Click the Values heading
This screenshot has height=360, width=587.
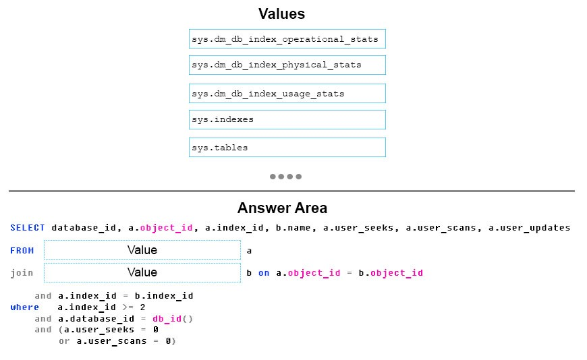(281, 14)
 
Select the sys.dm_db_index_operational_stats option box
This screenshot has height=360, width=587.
(287, 39)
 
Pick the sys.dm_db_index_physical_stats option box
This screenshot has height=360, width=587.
(287, 65)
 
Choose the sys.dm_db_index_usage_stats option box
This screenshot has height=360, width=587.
(287, 94)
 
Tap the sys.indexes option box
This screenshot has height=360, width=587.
(287, 120)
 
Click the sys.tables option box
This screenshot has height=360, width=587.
(287, 148)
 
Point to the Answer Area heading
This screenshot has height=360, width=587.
(282, 208)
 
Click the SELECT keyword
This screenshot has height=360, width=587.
(28, 227)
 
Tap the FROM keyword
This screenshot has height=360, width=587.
(22, 250)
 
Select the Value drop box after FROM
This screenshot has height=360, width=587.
(142, 249)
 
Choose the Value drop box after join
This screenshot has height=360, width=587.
(142, 272)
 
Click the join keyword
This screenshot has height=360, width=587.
(22, 273)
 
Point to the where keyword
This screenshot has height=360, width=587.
(25, 307)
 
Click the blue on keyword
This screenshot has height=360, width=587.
(264, 273)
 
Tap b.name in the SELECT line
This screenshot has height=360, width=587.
(293, 227)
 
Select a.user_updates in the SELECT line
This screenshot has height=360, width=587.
(530, 228)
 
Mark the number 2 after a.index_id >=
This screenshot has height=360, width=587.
(142, 307)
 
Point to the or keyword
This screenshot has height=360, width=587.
(64, 341)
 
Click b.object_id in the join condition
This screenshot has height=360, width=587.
(391, 273)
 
